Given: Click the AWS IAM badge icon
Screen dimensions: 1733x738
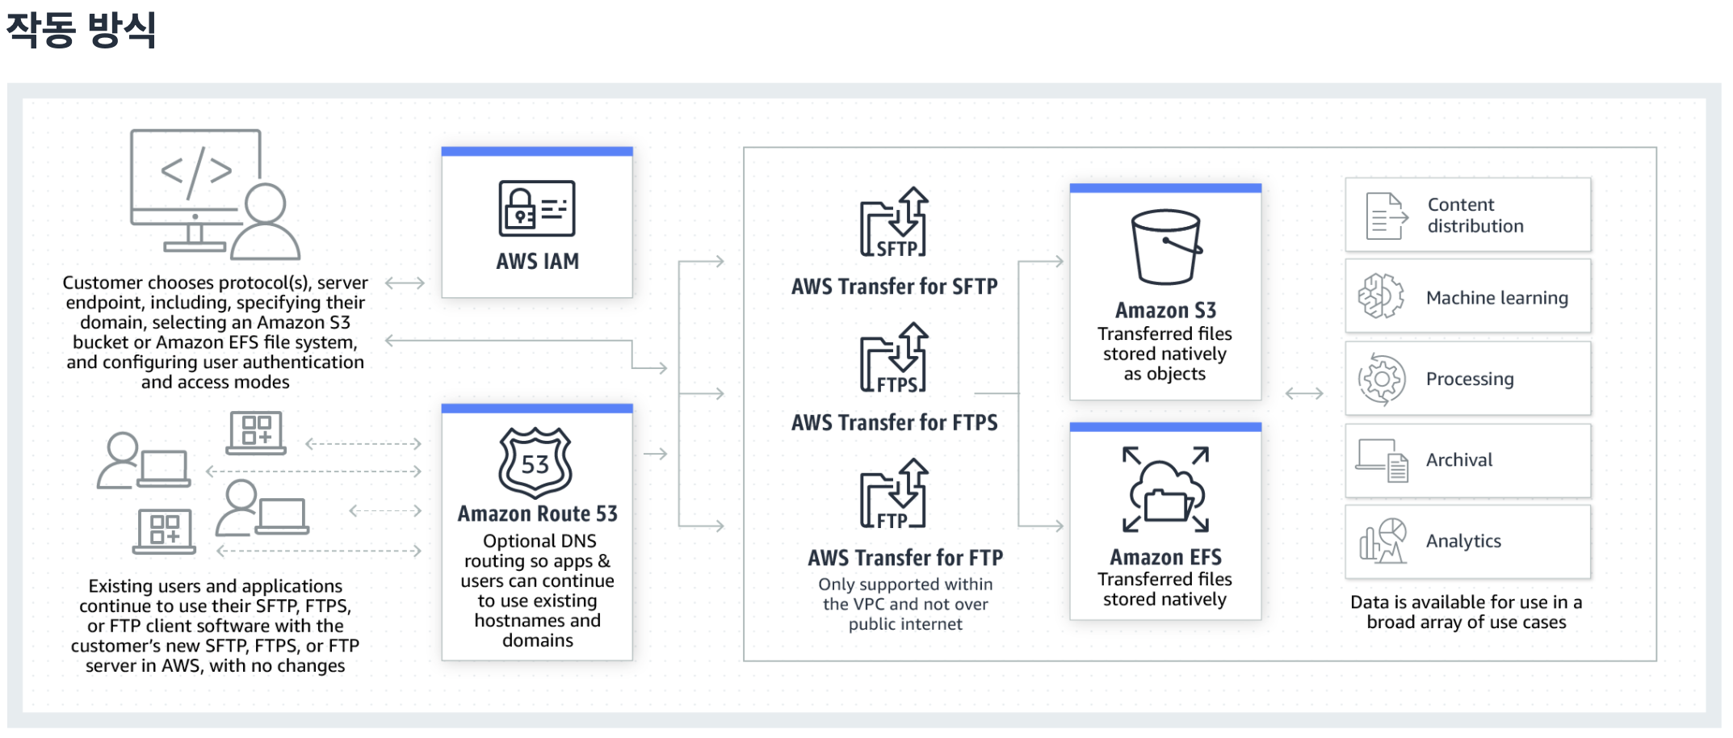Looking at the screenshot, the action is coord(537,208).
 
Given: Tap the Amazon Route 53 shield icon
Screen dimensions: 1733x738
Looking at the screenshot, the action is coord(535,463).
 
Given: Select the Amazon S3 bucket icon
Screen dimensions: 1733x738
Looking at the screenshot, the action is coord(1165,247).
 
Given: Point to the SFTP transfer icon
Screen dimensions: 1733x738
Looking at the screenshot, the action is coord(895,223).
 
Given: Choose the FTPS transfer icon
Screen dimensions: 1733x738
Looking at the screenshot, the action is coord(895,359).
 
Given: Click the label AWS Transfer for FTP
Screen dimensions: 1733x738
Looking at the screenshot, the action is coord(905,558).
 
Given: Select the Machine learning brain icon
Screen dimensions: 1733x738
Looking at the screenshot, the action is coord(1381,296).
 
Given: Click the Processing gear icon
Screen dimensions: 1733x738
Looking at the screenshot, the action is coord(1382,379).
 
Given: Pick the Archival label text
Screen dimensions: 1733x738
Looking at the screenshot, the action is coord(1458,460).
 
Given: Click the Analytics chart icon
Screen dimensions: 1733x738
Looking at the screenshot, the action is coord(1383,541).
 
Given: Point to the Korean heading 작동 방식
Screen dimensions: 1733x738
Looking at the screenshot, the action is coord(81,30).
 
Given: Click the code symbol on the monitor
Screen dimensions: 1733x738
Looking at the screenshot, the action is coord(196,171).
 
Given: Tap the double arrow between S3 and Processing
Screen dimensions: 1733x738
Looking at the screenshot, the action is coord(1304,393).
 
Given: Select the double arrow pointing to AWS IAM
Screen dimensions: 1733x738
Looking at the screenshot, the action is coord(405,283).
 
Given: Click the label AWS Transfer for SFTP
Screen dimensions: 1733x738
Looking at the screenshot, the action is coord(894,287).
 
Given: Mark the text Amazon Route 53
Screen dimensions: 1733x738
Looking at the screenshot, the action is coord(537,514).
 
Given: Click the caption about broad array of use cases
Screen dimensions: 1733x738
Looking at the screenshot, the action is coord(1466,612).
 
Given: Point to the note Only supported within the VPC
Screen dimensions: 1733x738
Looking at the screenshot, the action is coord(905,604).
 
